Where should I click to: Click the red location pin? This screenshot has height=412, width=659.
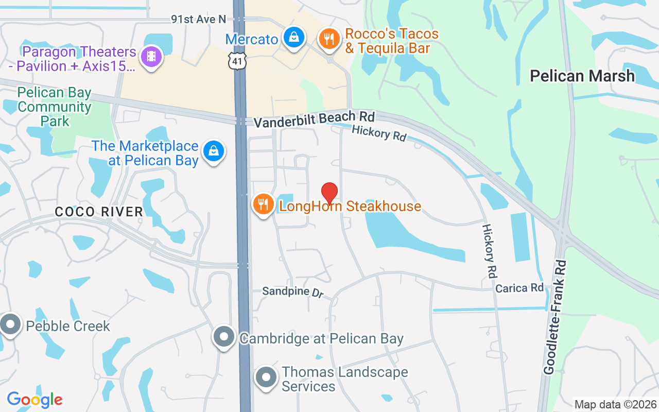click(329, 193)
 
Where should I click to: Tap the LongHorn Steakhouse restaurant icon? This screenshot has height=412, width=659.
click(264, 204)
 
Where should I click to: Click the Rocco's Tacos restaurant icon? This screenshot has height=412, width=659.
click(328, 38)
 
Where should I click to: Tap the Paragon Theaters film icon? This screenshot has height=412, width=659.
click(151, 56)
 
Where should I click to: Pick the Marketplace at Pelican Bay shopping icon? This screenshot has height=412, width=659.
click(214, 151)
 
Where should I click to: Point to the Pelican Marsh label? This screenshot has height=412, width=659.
click(582, 76)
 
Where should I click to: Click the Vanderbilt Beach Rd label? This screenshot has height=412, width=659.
click(314, 118)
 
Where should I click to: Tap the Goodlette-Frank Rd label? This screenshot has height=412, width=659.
click(555, 317)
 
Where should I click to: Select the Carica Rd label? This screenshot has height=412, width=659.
click(519, 288)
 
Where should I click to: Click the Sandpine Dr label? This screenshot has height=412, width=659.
click(292, 291)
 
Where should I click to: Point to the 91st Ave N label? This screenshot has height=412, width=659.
click(199, 19)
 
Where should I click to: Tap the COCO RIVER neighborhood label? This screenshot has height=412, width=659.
click(99, 212)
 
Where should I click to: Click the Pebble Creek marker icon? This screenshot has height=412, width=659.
click(10, 324)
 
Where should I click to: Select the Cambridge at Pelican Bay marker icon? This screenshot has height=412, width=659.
click(224, 337)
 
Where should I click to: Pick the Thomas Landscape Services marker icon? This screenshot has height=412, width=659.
click(267, 377)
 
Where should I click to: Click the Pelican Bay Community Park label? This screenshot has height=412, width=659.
click(54, 107)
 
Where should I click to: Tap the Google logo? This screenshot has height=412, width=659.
click(35, 399)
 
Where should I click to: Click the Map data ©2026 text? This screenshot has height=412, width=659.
click(615, 404)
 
